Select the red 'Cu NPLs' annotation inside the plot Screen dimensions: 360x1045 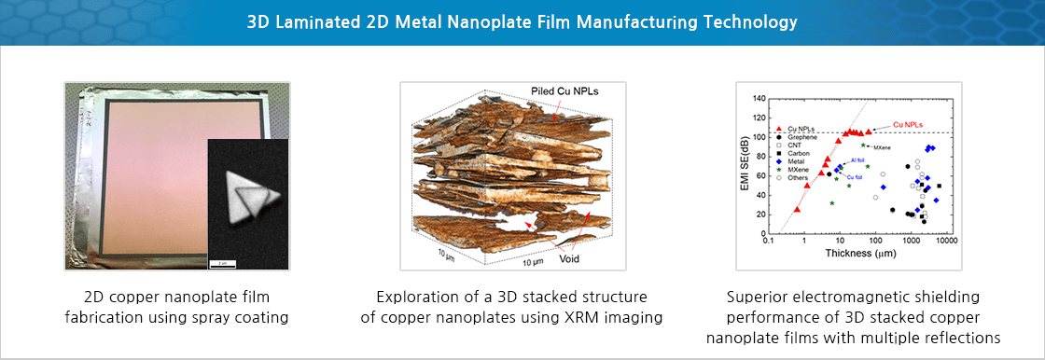point(909,123)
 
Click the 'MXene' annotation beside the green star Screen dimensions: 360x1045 point(883,147)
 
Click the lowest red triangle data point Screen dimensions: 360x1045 point(797,210)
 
